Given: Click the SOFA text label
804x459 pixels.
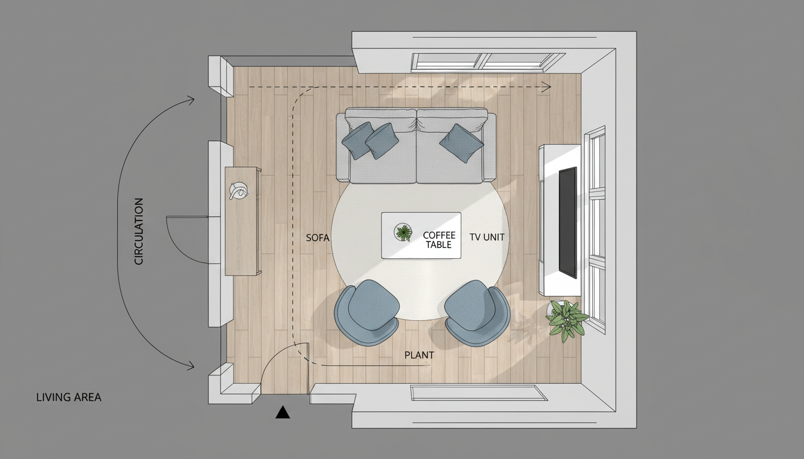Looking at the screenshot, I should pos(318,237).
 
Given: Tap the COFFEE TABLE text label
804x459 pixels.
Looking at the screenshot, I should pos(438,240).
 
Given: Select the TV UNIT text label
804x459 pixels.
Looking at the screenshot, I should pos(487,237).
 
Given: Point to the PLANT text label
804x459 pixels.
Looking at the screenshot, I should pos(419,355).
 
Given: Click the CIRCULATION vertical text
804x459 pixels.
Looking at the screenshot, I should pos(139,231).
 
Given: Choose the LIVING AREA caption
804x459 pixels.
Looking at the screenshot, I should pos(69,397).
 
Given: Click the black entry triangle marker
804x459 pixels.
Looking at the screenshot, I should pos(282,412).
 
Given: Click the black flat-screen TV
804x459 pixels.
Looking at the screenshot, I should pos(568,222).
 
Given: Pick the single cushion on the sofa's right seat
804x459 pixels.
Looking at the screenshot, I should pos(461,143).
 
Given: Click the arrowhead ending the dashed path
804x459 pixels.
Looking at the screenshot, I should pos(546,87).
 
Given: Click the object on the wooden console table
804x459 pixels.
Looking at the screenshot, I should pos(238,191).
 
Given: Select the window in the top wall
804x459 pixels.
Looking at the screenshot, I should pos(488,60).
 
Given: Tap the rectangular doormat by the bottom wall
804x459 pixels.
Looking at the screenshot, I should pos(479,393).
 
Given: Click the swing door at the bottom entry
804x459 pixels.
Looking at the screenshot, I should pos(286,368).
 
